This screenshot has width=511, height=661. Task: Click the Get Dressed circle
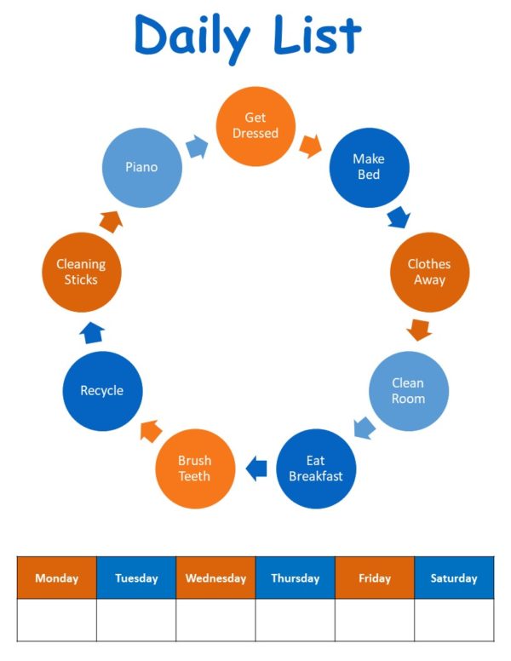255,125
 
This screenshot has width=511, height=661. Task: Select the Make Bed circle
368,167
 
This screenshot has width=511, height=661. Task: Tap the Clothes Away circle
429,272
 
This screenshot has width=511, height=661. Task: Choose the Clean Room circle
408,391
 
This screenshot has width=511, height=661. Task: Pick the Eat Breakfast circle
316,468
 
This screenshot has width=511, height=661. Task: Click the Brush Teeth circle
194,468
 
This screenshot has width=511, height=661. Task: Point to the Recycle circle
102,391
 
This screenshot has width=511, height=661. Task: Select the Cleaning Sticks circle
81,272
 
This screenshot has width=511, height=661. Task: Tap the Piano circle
141,167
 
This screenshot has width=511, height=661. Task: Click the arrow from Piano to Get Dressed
197,147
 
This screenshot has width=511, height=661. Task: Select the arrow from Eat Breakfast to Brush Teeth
255,467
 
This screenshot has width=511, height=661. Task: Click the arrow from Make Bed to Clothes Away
398,217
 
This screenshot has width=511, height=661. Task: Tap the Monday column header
56,578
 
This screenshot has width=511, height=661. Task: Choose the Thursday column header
295,578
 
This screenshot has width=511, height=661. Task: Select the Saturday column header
454,578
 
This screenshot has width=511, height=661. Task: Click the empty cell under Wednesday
215,619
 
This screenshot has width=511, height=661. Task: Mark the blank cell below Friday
375,619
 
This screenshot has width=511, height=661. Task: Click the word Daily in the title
192,36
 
